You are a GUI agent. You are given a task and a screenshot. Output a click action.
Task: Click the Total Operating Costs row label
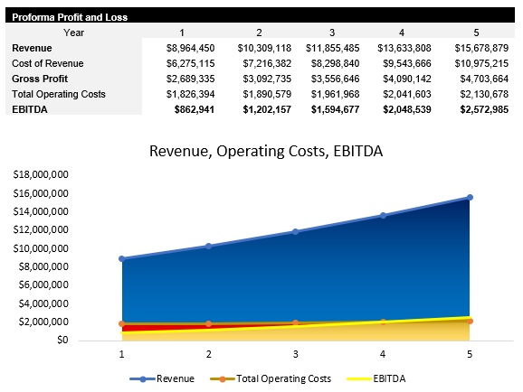(59, 93)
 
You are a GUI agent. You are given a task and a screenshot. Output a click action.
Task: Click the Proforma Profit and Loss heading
(70, 16)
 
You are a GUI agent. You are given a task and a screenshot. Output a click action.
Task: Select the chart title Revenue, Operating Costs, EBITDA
(266, 151)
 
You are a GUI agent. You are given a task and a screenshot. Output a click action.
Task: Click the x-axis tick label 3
(296, 354)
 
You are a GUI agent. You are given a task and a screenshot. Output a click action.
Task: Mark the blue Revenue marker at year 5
(470, 197)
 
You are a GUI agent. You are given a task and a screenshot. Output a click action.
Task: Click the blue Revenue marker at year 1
(122, 259)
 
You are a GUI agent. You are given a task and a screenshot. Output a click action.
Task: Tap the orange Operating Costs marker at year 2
(209, 323)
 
